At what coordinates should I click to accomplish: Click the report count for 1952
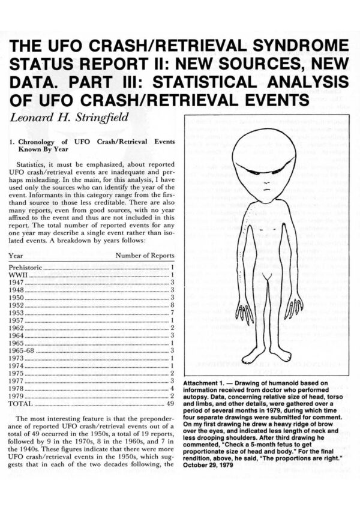tap(172, 304)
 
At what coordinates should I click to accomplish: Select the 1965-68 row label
tap(22, 350)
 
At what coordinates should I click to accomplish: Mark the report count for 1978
tap(172, 388)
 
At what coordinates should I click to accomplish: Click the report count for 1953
tap(172, 312)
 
